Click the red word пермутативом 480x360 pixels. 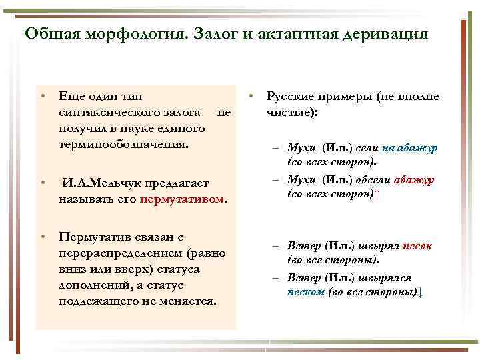183,199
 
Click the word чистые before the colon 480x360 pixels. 290,113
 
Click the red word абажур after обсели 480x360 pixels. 414,180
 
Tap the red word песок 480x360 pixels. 417,245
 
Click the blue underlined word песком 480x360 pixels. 306,292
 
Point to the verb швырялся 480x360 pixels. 387,277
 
